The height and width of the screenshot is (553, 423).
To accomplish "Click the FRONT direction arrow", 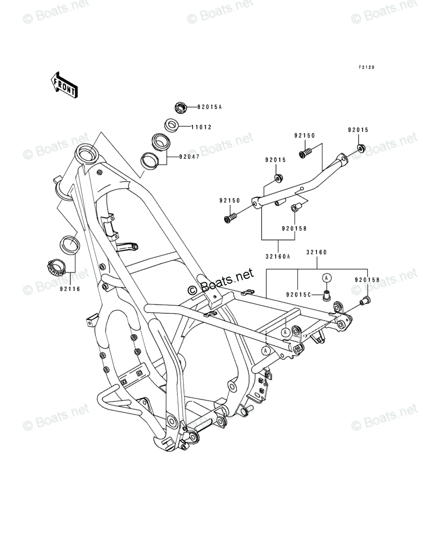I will (64, 84).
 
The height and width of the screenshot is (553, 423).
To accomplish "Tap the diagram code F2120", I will (366, 67).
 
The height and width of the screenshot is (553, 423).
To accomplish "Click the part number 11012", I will (201, 127).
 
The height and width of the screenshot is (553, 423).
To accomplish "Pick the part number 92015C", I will (298, 294).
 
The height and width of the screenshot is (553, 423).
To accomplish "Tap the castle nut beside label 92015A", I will (180, 107).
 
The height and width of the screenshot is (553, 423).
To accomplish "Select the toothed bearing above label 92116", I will (56, 268).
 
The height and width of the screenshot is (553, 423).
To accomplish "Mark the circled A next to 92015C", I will (327, 278).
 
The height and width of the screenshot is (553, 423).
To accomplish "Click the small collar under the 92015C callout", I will (326, 295).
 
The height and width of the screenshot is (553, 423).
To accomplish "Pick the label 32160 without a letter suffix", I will (316, 253).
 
